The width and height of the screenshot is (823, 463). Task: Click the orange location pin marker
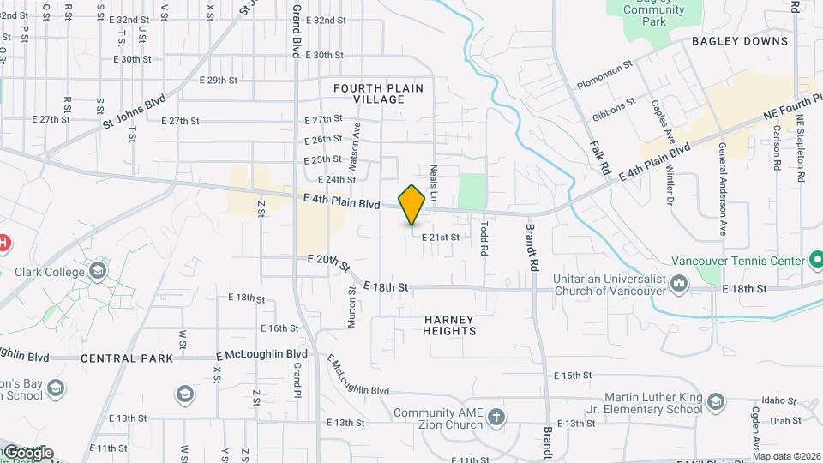tap(411, 204)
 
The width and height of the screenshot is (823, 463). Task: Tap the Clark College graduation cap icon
tap(98, 272)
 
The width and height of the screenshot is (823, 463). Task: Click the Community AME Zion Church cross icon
tap(496, 418)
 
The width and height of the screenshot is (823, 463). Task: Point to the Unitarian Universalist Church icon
tap(680, 282)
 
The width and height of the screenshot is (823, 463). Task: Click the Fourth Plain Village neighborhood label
tap(378, 93)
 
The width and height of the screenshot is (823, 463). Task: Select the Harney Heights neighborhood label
tap(449, 324)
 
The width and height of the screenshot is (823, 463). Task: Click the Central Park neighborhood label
tap(128, 358)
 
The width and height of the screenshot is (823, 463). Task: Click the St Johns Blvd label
tap(133, 112)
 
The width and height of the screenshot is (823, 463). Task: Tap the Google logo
tap(28, 452)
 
